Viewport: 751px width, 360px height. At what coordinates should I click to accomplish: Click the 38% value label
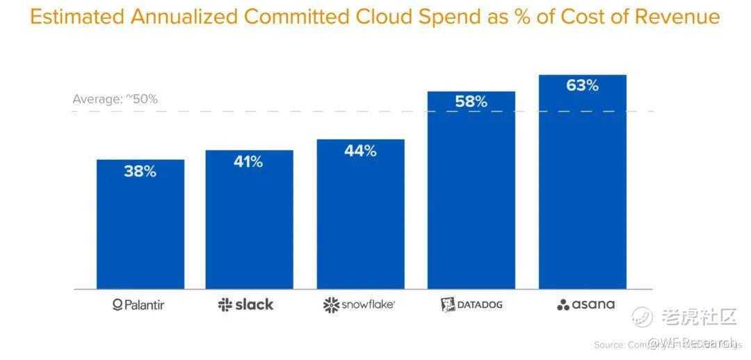140,172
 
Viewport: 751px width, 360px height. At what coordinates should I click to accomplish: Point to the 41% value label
248,162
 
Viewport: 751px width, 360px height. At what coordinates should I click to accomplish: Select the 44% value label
360,151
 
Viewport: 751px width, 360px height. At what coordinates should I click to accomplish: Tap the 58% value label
471,102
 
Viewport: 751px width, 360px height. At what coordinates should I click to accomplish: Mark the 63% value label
582,85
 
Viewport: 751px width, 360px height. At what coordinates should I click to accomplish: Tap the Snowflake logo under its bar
360,304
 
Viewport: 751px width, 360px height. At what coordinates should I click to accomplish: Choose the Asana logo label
586,304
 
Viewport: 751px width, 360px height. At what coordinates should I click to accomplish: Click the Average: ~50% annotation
115,99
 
